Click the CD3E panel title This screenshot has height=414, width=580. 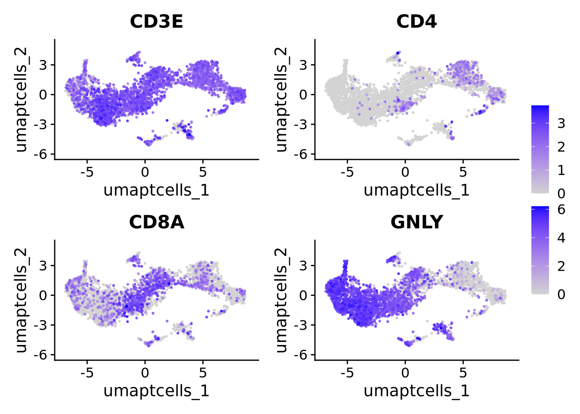pyautogui.click(x=156, y=21)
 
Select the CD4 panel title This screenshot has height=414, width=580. pyautogui.click(x=416, y=21)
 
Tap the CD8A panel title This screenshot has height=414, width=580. pyautogui.click(x=156, y=222)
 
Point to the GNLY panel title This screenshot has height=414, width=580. pyautogui.click(x=416, y=222)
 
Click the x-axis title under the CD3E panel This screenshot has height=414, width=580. pyautogui.click(x=156, y=190)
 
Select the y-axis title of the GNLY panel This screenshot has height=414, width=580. pyautogui.click(x=281, y=300)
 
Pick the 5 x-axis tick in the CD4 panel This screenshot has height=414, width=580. pyautogui.click(x=463, y=172)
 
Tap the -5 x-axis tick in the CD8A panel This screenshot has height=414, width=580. pyautogui.click(x=87, y=373)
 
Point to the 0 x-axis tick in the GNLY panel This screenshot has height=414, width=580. pyautogui.click(x=405, y=373)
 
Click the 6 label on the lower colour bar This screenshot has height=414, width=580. pyautogui.click(x=561, y=210)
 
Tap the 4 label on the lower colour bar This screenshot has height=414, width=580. pyautogui.click(x=561, y=238)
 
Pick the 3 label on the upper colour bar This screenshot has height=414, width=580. pyautogui.click(x=561, y=124)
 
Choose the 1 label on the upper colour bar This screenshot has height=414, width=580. pyautogui.click(x=561, y=170)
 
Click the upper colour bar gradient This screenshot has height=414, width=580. pyautogui.click(x=540, y=149)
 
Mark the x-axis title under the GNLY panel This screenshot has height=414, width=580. pyautogui.click(x=416, y=390)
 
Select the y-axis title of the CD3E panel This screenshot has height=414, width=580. pyautogui.click(x=20, y=100)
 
